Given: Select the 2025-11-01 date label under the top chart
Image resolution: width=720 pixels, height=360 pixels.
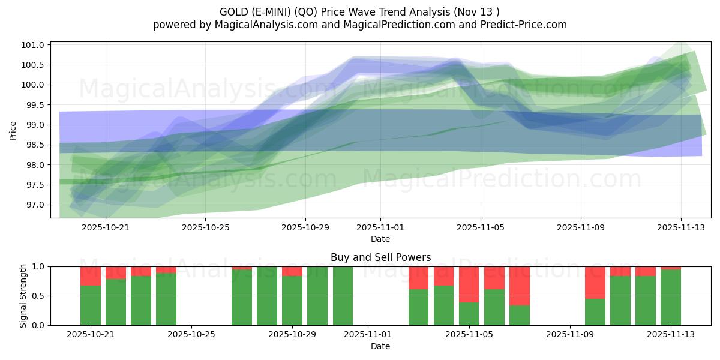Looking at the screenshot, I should [380, 228].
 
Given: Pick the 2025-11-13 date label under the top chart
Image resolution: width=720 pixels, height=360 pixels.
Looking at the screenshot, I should [680, 228].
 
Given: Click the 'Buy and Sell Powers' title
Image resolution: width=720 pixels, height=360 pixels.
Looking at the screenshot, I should [380, 257].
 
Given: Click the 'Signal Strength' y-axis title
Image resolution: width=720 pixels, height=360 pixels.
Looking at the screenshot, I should [23, 296].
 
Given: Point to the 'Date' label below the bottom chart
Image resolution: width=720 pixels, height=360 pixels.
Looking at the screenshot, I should [380, 346].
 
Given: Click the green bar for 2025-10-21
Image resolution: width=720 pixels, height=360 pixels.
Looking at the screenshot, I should [91, 305].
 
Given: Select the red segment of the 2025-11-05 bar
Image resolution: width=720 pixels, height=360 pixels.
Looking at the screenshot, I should [469, 284].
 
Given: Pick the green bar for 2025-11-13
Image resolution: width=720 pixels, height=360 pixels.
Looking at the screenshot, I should [671, 298].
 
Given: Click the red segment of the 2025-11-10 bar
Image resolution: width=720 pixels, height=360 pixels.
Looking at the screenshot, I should [595, 282].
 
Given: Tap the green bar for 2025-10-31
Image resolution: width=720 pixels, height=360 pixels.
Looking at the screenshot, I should [343, 296].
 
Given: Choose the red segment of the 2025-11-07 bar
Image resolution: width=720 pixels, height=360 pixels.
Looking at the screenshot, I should [519, 286].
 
